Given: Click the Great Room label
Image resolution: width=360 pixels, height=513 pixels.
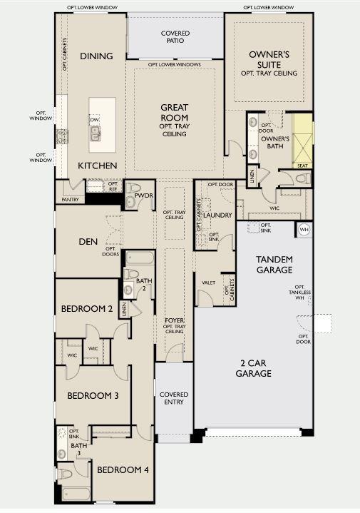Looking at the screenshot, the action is point(174,113).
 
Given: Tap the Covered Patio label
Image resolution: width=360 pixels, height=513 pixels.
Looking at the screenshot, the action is point(175,37).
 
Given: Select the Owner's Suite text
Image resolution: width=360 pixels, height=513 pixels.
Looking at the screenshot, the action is point(269,59).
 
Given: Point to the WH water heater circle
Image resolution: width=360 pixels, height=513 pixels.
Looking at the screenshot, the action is point(304,230).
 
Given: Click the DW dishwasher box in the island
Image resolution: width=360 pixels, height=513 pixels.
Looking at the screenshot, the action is point(94,120).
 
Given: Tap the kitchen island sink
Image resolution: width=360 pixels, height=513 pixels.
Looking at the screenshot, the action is point(95,133).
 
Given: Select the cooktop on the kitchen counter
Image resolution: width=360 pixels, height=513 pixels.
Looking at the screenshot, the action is point(62,136).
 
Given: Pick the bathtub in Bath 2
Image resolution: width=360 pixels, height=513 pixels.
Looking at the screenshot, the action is point(140,258).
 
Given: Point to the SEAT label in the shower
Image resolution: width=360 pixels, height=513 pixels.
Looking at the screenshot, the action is point(302,166).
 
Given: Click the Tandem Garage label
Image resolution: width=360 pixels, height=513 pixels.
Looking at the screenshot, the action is point(274,265).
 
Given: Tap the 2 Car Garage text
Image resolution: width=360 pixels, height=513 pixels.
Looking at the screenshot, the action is point(253,368).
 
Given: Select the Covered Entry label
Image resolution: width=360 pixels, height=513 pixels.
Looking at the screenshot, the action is point(174,398).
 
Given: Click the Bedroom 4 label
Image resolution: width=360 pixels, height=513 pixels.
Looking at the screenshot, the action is point(123,469).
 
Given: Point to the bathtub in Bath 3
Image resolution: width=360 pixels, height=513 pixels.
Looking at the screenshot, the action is point(76,494).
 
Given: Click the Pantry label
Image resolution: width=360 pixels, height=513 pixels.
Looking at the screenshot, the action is point(71,199).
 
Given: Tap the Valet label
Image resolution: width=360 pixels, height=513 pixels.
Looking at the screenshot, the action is point(208,283).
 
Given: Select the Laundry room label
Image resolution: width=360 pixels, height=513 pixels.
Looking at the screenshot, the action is point(217,215).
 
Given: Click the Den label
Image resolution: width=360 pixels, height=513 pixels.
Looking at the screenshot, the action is point(88,241).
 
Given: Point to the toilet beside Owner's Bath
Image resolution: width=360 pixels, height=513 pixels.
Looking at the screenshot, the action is point(303,178).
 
